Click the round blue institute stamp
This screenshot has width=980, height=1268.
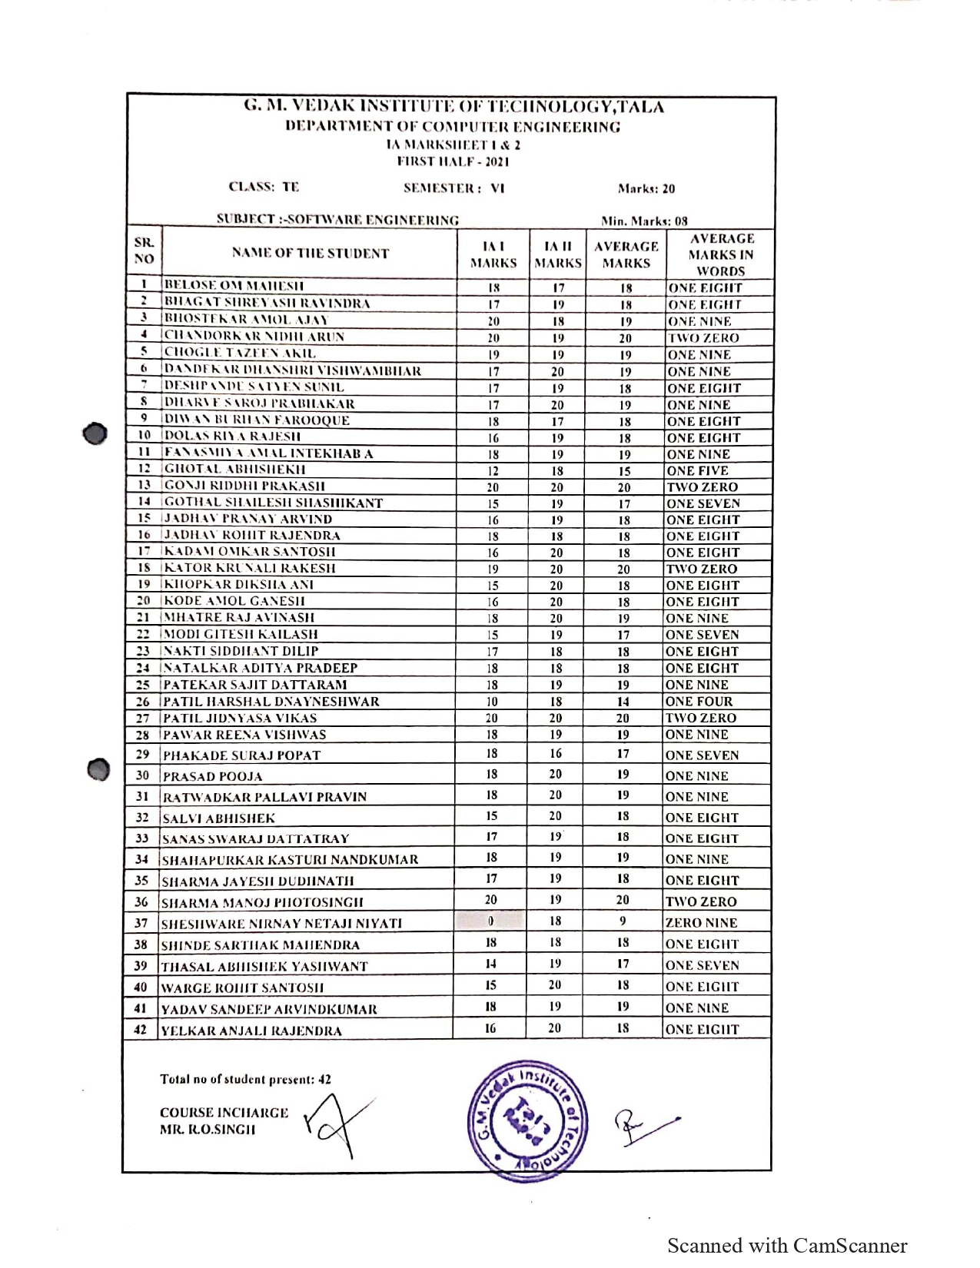click(x=527, y=1120)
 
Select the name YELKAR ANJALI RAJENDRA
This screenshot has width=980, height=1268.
click(x=251, y=1031)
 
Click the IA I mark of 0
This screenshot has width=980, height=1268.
click(x=490, y=921)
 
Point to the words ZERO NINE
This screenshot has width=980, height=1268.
click(x=701, y=923)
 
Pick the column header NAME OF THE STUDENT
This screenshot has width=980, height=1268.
click(x=311, y=254)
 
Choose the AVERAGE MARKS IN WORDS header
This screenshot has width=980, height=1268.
click(x=721, y=254)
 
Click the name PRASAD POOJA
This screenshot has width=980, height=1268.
click(x=213, y=776)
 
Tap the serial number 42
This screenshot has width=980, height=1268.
click(x=141, y=1029)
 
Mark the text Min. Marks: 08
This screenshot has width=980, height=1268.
click(x=644, y=221)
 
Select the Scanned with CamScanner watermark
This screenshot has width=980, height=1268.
click(x=787, y=1246)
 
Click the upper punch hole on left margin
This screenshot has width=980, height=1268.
click(x=95, y=433)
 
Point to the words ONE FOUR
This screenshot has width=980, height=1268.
click(x=699, y=702)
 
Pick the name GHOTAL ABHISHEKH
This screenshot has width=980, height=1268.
click(x=234, y=470)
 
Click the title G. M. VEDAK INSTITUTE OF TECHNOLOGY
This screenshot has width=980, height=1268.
click(x=453, y=107)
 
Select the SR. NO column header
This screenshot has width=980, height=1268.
click(x=145, y=251)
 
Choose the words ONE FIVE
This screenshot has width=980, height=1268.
click(x=697, y=470)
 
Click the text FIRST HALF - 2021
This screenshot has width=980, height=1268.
click(x=453, y=161)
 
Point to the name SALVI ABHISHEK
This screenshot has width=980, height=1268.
click(x=219, y=818)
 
